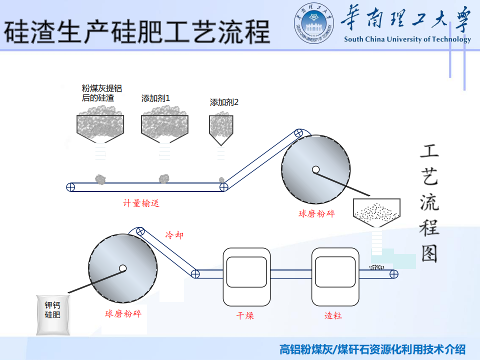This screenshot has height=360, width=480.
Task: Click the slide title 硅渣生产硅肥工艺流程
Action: (x=136, y=31)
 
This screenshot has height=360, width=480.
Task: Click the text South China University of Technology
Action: (x=407, y=39)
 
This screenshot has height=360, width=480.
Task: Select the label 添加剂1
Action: (x=155, y=98)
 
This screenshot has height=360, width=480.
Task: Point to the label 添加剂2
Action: (x=224, y=102)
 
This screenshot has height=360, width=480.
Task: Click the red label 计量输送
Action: (x=141, y=203)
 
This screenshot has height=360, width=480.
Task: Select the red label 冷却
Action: (x=174, y=234)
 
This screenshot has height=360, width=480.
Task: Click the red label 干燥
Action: (x=245, y=315)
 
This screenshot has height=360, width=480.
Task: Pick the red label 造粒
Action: (x=333, y=315)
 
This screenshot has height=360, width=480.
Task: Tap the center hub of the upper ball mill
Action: (x=315, y=169)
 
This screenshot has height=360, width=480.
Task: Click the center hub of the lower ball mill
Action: (x=122, y=268)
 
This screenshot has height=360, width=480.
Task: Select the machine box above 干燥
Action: (x=246, y=276)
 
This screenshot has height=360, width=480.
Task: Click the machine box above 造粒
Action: (x=335, y=276)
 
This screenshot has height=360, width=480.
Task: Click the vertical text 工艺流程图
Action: (x=429, y=203)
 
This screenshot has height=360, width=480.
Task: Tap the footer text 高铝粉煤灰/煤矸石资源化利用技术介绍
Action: (x=372, y=349)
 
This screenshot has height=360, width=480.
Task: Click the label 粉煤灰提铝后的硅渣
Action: (x=102, y=93)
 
